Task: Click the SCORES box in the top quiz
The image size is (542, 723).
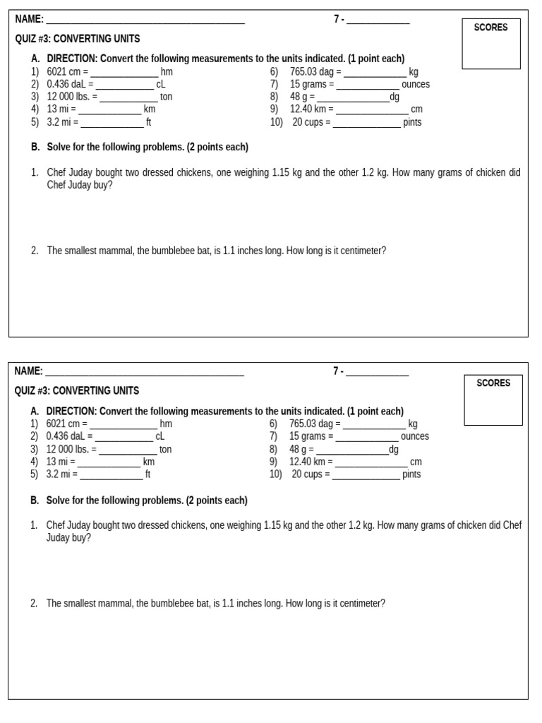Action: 490,44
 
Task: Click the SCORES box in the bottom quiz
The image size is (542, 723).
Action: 493,400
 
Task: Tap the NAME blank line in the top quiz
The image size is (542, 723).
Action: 145,20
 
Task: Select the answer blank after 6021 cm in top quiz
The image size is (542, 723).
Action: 124,72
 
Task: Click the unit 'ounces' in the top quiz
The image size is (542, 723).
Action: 416,85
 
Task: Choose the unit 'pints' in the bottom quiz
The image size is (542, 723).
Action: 411,474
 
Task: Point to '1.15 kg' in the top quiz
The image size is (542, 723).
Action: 287,172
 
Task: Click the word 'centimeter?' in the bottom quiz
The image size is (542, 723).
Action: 363,604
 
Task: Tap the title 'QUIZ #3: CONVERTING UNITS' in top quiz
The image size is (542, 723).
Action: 78,39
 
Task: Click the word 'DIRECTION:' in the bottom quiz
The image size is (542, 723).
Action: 71,412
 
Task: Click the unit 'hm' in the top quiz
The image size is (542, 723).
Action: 167,72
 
